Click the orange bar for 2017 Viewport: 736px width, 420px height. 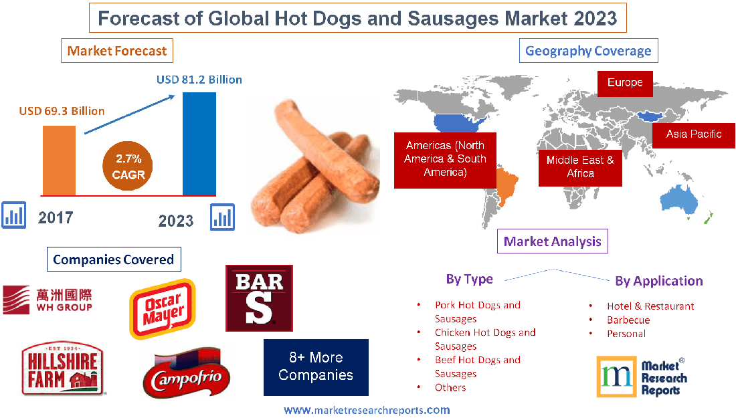pyautogui.click(x=60, y=160)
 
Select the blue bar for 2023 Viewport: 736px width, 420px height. pyautogui.click(x=199, y=143)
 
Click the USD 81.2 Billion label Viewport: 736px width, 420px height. pyautogui.click(x=199, y=80)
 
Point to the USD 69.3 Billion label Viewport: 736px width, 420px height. pyautogui.click(x=62, y=111)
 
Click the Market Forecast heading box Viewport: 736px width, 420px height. pyautogui.click(x=117, y=50)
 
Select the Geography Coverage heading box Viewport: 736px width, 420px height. pyautogui.click(x=588, y=51)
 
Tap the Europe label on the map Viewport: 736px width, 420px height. pyautogui.click(x=625, y=83)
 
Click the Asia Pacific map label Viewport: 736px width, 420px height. pyautogui.click(x=694, y=134)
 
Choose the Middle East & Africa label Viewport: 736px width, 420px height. pyautogui.click(x=580, y=167)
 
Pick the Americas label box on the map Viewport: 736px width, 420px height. pyautogui.click(x=445, y=159)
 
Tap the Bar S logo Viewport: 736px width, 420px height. pyautogui.click(x=260, y=298)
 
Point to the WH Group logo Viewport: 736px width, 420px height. pyautogui.click(x=48, y=299)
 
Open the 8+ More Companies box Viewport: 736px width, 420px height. pyautogui.click(x=316, y=366)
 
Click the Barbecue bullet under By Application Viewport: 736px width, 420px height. pyautogui.click(x=628, y=320)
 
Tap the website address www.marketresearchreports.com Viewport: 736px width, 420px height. pyautogui.click(x=367, y=410)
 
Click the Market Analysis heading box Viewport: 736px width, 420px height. pyautogui.click(x=553, y=241)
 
